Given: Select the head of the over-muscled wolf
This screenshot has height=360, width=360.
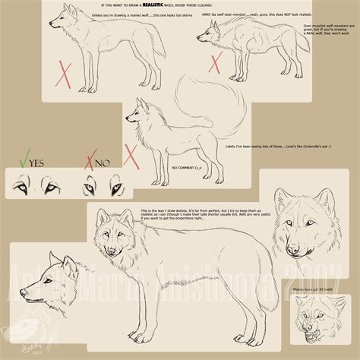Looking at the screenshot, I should (211, 34).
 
